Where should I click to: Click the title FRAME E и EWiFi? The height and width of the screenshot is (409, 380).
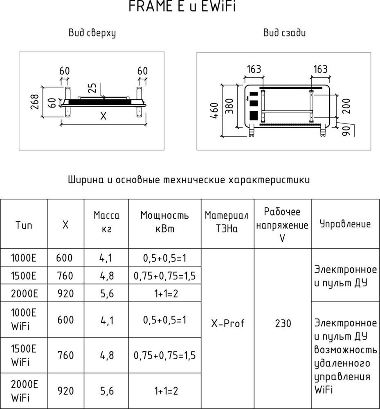click(182, 7)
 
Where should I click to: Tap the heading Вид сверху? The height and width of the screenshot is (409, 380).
click(92, 34)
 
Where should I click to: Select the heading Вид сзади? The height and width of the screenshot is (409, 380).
click(284, 34)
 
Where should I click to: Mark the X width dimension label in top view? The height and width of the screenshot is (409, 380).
click(103, 117)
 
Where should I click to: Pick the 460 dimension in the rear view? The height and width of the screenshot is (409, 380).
click(214, 110)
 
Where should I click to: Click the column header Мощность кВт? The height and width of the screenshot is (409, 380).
click(164, 222)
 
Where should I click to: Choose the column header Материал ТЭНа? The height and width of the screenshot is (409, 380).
click(227, 222)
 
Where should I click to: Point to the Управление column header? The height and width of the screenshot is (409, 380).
click(345, 224)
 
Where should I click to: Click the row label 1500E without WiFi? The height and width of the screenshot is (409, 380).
click(24, 276)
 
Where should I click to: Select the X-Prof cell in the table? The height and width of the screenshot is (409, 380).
click(227, 324)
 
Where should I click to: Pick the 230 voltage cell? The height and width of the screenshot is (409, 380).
click(283, 324)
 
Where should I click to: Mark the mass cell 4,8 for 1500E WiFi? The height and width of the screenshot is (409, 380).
click(106, 355)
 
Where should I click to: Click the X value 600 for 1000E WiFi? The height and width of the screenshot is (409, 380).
click(65, 320)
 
